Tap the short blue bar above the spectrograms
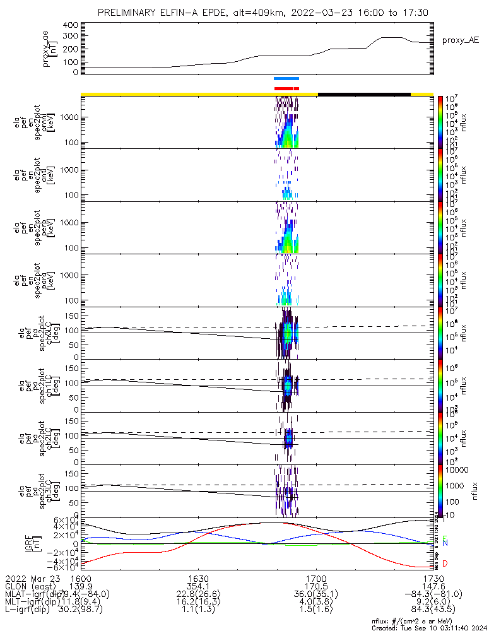[286, 79]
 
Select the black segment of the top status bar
[364, 94]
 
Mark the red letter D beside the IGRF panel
[445, 563]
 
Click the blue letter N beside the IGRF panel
[445, 543]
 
